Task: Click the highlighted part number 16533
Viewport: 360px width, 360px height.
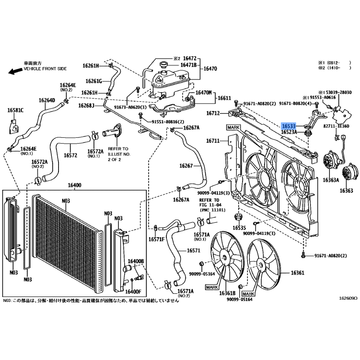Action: (x=288, y=126)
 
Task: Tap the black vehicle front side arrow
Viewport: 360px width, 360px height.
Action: (x=15, y=71)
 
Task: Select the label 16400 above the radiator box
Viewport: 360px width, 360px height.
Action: (x=74, y=185)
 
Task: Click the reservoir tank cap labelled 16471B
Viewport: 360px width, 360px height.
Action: (x=163, y=65)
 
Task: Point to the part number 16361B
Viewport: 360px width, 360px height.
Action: (x=227, y=293)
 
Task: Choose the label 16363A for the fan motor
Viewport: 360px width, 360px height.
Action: (x=331, y=180)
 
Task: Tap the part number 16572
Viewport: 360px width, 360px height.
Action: (x=71, y=155)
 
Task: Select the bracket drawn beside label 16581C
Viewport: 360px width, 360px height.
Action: (x=13, y=126)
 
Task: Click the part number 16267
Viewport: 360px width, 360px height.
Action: (x=186, y=166)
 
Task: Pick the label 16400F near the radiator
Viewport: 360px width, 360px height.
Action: (x=133, y=292)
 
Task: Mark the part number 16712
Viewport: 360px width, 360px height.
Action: (x=213, y=113)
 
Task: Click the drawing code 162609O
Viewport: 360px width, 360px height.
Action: (x=348, y=298)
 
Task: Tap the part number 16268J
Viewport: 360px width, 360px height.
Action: (x=86, y=106)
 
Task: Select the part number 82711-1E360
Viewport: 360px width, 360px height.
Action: (x=336, y=126)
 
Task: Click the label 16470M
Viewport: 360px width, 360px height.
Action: (x=203, y=93)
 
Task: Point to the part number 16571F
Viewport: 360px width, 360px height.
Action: (x=157, y=239)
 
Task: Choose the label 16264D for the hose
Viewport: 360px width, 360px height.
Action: (x=47, y=100)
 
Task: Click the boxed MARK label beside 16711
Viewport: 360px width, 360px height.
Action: (x=234, y=127)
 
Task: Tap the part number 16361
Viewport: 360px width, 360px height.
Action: (x=297, y=273)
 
